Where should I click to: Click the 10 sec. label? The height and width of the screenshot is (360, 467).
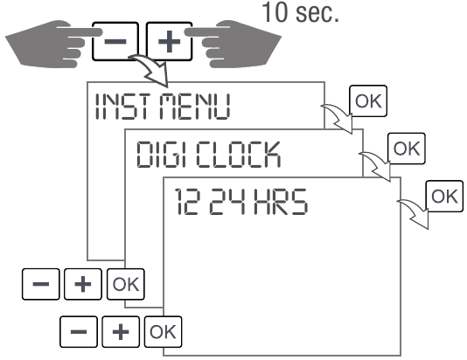tap(300, 12)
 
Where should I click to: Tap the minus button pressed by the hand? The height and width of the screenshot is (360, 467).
tap(115, 41)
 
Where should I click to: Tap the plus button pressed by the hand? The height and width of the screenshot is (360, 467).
tap(169, 41)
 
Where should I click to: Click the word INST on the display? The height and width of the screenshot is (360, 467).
tap(123, 107)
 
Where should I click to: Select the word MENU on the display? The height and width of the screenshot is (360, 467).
tap(195, 107)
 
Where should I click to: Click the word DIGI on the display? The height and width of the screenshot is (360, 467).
tap(162, 154)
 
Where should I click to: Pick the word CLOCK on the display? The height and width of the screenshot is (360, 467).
tap(238, 154)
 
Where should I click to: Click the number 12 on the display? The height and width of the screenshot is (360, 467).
tap(186, 202)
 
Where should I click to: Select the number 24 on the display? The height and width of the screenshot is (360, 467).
tap(228, 202)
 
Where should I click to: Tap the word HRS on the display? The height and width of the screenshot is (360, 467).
tap(281, 202)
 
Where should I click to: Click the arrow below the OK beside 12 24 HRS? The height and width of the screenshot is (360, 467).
tap(415, 213)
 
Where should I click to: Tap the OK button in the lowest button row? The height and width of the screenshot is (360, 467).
tap(163, 332)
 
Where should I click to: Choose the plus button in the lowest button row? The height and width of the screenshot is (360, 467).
tap(121, 332)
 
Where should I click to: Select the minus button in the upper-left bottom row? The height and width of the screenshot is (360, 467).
tap(41, 284)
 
